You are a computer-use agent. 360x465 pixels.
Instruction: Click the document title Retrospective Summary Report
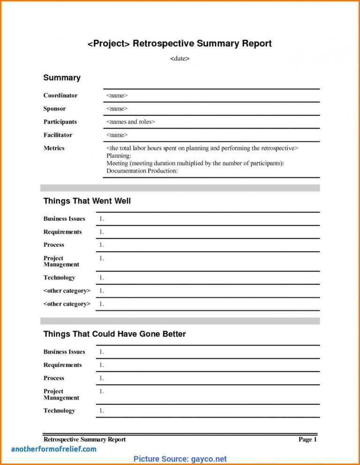(180, 44)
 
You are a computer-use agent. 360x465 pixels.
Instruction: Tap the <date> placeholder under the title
(180, 59)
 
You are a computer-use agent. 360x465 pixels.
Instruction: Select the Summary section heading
(62, 78)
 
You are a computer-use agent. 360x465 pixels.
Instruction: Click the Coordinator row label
(60, 96)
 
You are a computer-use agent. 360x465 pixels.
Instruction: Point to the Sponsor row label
(55, 109)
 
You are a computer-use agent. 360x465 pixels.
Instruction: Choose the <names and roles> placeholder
(130, 122)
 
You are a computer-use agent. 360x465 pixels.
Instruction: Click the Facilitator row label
(58, 135)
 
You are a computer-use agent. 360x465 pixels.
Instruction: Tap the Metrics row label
(54, 148)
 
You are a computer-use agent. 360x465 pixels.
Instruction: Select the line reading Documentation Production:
(142, 171)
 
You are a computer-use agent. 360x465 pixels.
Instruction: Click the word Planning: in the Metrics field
(119, 155)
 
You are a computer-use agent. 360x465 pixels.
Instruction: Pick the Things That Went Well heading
(87, 201)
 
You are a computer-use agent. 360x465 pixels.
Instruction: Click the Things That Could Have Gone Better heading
(114, 334)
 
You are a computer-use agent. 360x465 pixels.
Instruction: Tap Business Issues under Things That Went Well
(64, 219)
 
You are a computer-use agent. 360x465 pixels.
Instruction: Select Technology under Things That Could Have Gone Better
(60, 411)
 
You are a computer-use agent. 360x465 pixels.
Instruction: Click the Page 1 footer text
(307, 439)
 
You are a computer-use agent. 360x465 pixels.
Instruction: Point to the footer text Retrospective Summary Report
(84, 439)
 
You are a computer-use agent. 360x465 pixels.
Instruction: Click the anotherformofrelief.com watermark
(53, 449)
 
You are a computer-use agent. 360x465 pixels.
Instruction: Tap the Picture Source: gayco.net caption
(180, 459)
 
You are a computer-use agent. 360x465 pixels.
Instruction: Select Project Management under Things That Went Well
(61, 261)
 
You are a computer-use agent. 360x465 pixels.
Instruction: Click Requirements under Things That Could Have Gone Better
(62, 365)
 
